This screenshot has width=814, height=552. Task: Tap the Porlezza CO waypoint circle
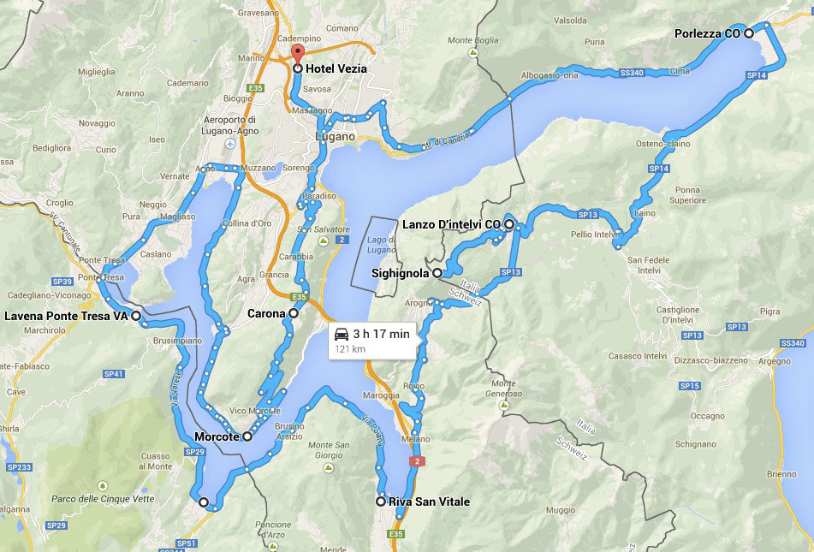[749, 33]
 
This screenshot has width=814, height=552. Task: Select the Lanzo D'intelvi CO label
[450, 224]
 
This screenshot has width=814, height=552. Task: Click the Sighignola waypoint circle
[437, 273]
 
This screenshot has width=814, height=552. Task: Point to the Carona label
[265, 314]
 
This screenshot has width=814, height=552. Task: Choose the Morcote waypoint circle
[247, 436]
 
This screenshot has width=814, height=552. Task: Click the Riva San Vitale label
[429, 502]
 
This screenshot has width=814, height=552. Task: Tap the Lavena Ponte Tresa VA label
[66, 316]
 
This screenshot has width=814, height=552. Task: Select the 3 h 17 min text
[382, 334]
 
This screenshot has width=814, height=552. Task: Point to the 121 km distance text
[349, 349]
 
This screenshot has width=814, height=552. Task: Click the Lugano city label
[335, 136]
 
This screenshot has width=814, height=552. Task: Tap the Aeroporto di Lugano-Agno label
[232, 125]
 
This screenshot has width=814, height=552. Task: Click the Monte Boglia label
[472, 40]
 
